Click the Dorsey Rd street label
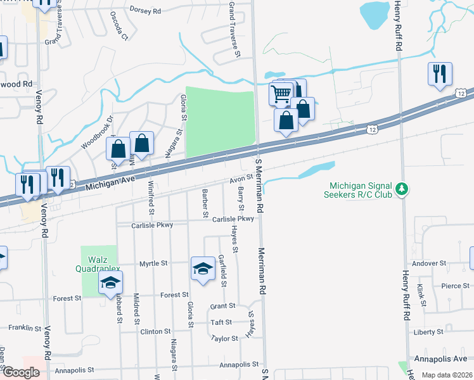click(145, 10)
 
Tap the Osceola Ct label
click(118, 25)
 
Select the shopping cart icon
click(281, 94)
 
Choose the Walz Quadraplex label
click(98, 265)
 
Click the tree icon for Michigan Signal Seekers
click(400, 189)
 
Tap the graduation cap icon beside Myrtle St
click(203, 269)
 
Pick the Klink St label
click(421, 295)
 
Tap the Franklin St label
click(25, 328)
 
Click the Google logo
click(21, 372)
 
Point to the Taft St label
click(221, 322)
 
